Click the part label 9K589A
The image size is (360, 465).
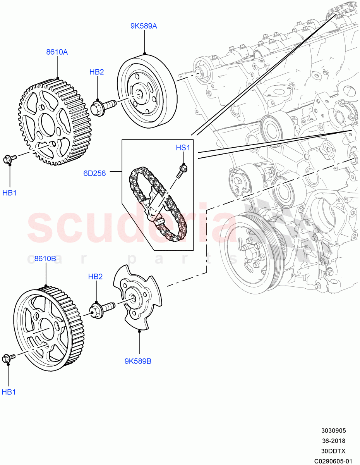144,26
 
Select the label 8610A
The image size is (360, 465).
57,52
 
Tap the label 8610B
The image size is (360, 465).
45,258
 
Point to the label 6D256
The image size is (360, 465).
94,173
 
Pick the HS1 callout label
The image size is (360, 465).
183,148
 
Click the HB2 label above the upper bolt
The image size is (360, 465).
96,72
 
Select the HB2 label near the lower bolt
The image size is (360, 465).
95,276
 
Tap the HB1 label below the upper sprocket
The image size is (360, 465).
10,193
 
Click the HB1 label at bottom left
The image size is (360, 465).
9,392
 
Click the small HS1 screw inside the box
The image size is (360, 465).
182,170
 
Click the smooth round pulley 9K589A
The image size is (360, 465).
147,93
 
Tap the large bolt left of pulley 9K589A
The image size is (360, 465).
102,106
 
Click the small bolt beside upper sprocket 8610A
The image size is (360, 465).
9,158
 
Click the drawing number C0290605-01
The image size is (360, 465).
333,461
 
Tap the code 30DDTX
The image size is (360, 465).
333,451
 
